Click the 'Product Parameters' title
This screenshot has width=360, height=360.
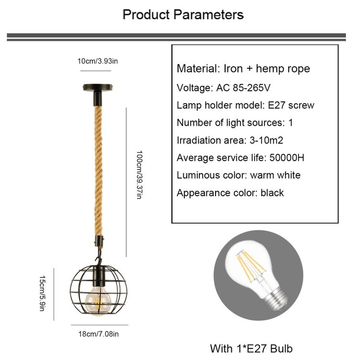click(x=183, y=15)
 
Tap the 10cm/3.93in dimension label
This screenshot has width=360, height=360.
click(x=97, y=61)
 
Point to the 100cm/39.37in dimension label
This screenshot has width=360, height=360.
click(x=139, y=175)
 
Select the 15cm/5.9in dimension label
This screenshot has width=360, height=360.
click(x=42, y=293)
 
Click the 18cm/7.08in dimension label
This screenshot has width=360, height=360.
click(x=98, y=334)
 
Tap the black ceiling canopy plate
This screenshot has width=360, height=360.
click(x=97, y=87)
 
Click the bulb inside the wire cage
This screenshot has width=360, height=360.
click(x=98, y=300)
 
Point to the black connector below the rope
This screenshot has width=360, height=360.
click(x=99, y=241)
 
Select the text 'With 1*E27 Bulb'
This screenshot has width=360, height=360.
click(x=251, y=348)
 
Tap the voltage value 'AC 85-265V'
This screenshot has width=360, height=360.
click(x=243, y=88)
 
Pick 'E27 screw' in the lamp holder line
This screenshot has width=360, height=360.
click(x=291, y=106)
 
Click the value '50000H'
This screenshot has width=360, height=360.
click(x=287, y=158)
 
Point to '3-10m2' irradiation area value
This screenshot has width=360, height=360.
click(x=266, y=140)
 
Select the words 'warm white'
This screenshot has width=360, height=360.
click(x=276, y=175)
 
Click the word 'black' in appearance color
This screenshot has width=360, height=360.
click(x=272, y=192)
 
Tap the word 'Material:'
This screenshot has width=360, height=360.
click(x=198, y=69)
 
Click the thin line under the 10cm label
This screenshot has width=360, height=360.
click(x=96, y=71)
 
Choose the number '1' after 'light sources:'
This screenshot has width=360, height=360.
click(x=291, y=122)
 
